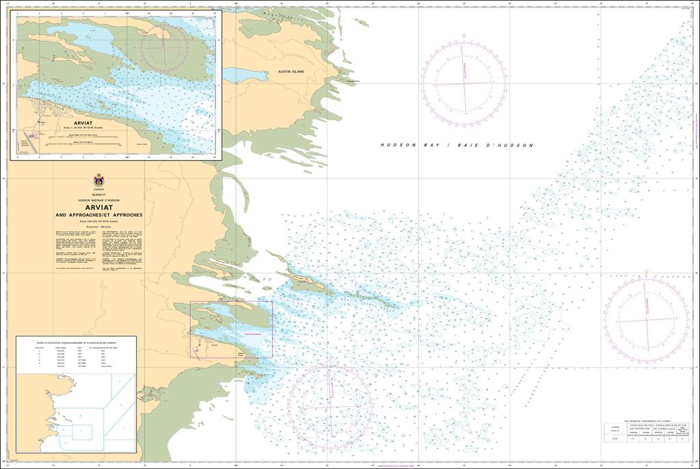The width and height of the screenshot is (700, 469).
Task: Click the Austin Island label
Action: pyautogui.click(x=291, y=71)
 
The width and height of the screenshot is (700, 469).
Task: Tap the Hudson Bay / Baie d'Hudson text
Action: pyautogui.click(x=457, y=146)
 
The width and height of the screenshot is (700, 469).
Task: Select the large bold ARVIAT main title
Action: pyautogui.click(x=99, y=207)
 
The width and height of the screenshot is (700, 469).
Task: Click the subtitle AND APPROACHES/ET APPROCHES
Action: pyautogui.click(x=99, y=215)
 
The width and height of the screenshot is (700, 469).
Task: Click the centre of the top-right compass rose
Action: pyautogui.click(x=464, y=83)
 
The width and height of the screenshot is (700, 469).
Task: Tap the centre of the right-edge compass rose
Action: pyautogui.click(x=646, y=319)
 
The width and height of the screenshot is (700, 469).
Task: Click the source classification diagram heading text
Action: pyautogui.click(x=76, y=340)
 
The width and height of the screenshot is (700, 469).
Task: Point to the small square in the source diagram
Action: pyautogui.click(x=82, y=431)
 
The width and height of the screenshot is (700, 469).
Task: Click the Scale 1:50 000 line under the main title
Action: pyautogui.click(x=99, y=221)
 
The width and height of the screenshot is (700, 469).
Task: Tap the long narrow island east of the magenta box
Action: pyautogui.click(x=362, y=295)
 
